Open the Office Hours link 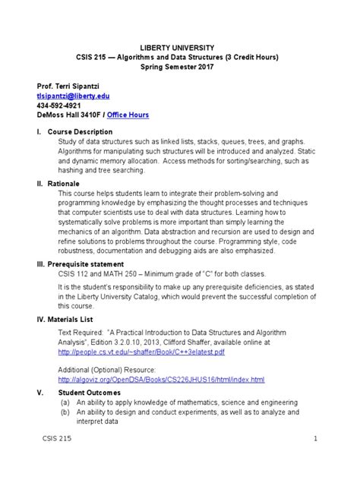coord(128,115)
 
